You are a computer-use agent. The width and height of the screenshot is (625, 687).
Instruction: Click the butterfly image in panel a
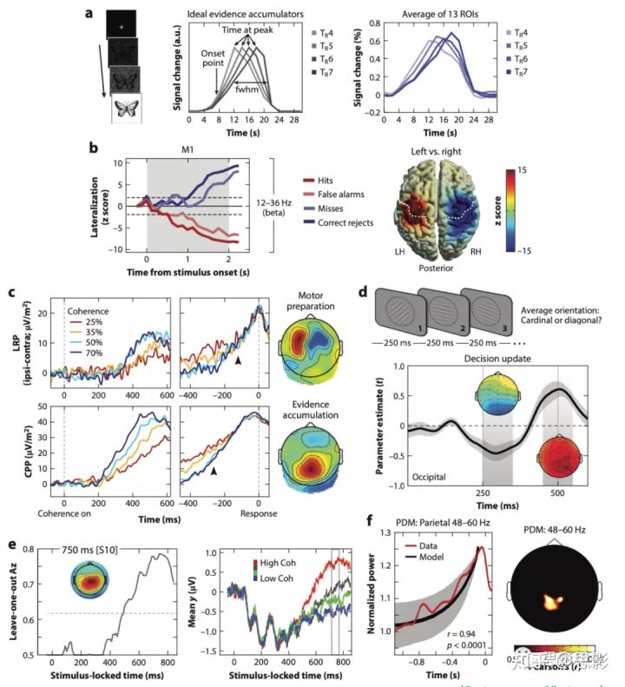pos(127,109)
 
